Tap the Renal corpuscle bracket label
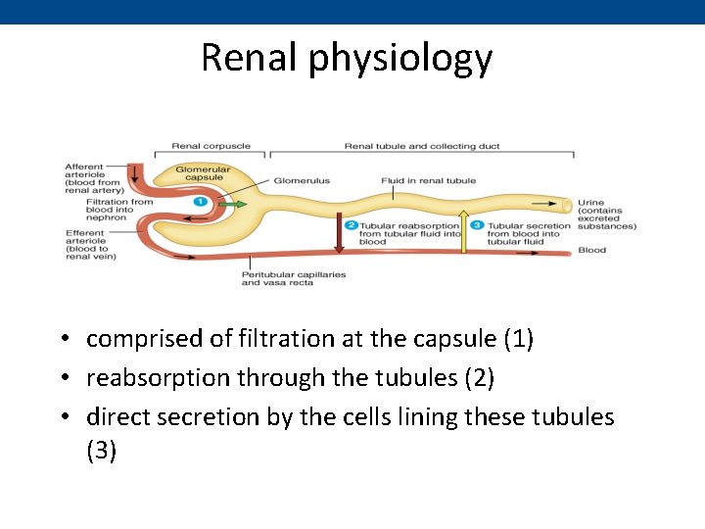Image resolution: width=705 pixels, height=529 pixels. click(211, 147)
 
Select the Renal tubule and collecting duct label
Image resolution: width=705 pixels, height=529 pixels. click(421, 147)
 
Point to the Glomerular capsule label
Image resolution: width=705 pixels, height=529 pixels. click(203, 172)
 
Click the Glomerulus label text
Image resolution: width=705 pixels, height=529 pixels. click(301, 181)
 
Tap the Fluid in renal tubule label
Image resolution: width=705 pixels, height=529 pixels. click(429, 181)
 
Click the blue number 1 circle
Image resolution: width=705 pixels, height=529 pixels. click(200, 201)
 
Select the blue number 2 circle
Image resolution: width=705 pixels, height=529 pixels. click(351, 225)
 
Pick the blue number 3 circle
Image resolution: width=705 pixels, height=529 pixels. click(478, 225)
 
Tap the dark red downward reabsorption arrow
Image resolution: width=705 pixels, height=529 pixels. click(339, 233)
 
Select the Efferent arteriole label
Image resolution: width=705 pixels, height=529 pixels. click(91, 245)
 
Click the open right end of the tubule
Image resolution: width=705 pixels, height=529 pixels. click(568, 207)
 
